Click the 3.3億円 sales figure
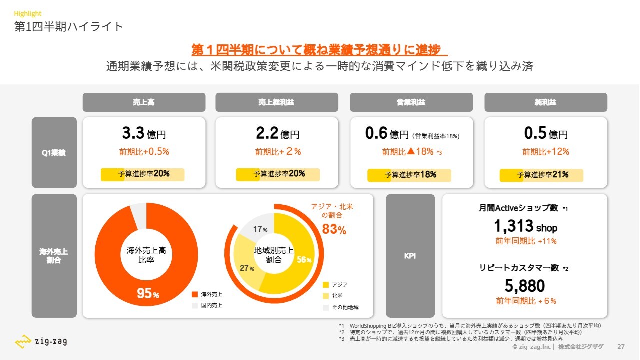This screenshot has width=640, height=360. [144, 133]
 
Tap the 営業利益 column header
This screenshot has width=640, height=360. [411, 102]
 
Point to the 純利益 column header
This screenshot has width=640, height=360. [546, 102]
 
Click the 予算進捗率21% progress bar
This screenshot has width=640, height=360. [541, 175]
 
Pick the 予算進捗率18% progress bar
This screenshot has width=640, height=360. [409, 175]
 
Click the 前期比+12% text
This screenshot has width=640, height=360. [546, 152]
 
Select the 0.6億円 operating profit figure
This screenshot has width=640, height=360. [387, 134]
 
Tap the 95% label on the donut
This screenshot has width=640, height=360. [148, 294]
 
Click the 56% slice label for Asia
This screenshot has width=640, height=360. [304, 260]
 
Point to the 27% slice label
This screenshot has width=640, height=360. [247, 268]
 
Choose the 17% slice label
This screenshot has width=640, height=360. [260, 229]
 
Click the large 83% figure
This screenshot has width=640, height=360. [334, 230]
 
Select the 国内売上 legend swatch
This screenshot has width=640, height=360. [195, 305]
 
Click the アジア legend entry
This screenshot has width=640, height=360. [336, 285]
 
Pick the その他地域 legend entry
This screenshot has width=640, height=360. [341, 307]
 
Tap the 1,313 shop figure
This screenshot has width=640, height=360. [525, 227]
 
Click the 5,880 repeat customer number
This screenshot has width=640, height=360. [525, 286]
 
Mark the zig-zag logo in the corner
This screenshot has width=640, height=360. [41, 342]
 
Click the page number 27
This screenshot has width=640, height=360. [621, 347]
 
